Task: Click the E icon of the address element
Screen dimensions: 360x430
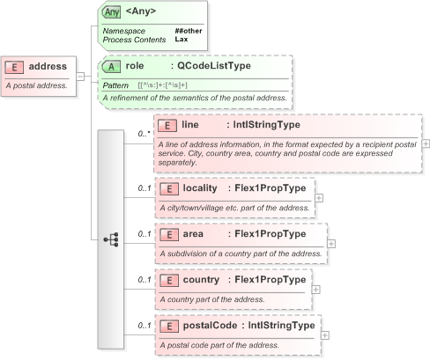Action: coord(15,66)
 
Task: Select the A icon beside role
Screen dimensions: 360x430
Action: coord(111,66)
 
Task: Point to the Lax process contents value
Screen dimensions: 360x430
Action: coord(181,40)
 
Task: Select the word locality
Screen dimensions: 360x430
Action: coord(199,188)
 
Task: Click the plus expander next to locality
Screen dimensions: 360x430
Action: coord(319,198)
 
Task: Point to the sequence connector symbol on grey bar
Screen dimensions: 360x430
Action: coord(111,239)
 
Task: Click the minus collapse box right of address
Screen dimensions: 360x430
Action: coord(81,76)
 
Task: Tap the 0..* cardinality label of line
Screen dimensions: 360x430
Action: coord(143,135)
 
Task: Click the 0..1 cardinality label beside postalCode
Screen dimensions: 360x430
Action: coord(143,326)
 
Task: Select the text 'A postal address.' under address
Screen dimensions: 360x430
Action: coord(37,85)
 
